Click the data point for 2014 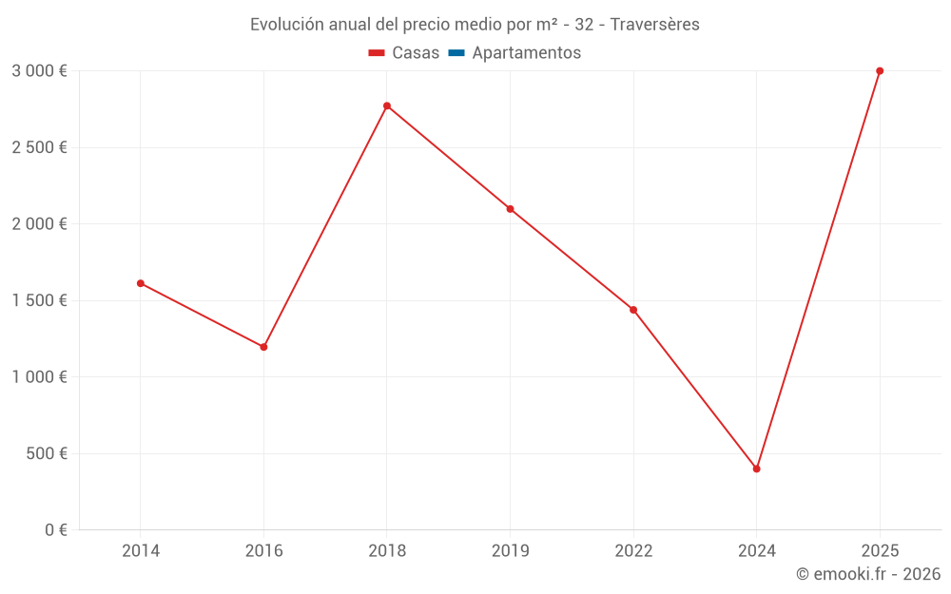(141, 283)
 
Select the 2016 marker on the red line (263, 347)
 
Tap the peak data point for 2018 (387, 105)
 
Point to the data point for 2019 (510, 209)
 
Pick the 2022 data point (633, 310)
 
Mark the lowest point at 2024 (757, 469)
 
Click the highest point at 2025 (880, 71)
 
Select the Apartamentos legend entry (526, 53)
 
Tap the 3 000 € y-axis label (39, 71)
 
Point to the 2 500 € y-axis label (39, 147)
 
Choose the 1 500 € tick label (39, 300)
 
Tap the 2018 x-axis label (387, 551)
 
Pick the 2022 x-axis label (633, 551)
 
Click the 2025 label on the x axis (880, 551)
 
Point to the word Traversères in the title (655, 25)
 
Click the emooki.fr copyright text (868, 574)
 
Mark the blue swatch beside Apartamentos (456, 53)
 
